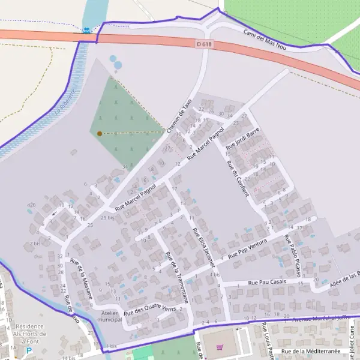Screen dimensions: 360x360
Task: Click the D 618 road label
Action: [204, 44]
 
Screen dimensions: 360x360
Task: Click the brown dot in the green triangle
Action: [99, 133]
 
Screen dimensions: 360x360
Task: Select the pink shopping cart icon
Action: [220, 347]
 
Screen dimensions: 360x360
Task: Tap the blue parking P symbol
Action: [28, 350]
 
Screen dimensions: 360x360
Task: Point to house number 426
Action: [31, 205]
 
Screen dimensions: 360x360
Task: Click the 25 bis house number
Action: [107, 217]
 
